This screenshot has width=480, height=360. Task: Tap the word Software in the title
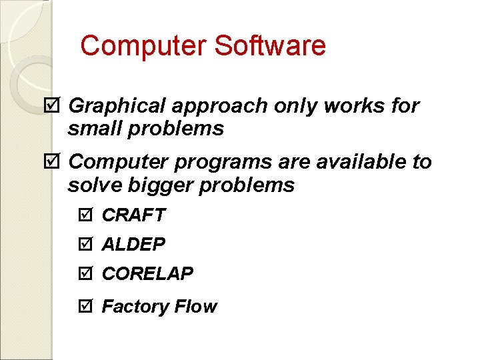(x=270, y=46)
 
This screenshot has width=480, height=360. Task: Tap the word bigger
(x=166, y=186)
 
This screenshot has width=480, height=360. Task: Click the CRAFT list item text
(x=133, y=215)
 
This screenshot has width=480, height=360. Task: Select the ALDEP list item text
(x=133, y=245)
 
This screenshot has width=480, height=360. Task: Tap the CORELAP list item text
(x=147, y=273)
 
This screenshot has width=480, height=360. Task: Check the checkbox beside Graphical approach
(x=55, y=105)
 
